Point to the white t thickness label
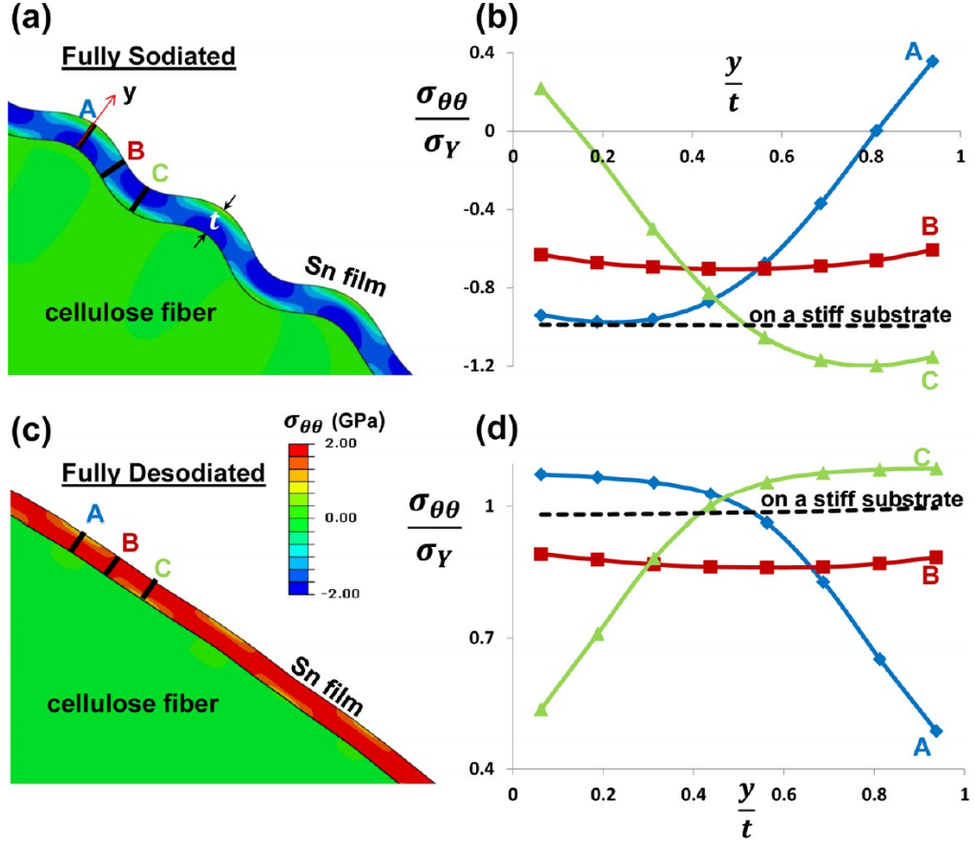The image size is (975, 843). coord(215,221)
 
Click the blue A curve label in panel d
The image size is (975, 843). coord(922,748)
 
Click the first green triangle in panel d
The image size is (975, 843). coord(541,709)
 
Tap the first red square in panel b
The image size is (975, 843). coord(541,254)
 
